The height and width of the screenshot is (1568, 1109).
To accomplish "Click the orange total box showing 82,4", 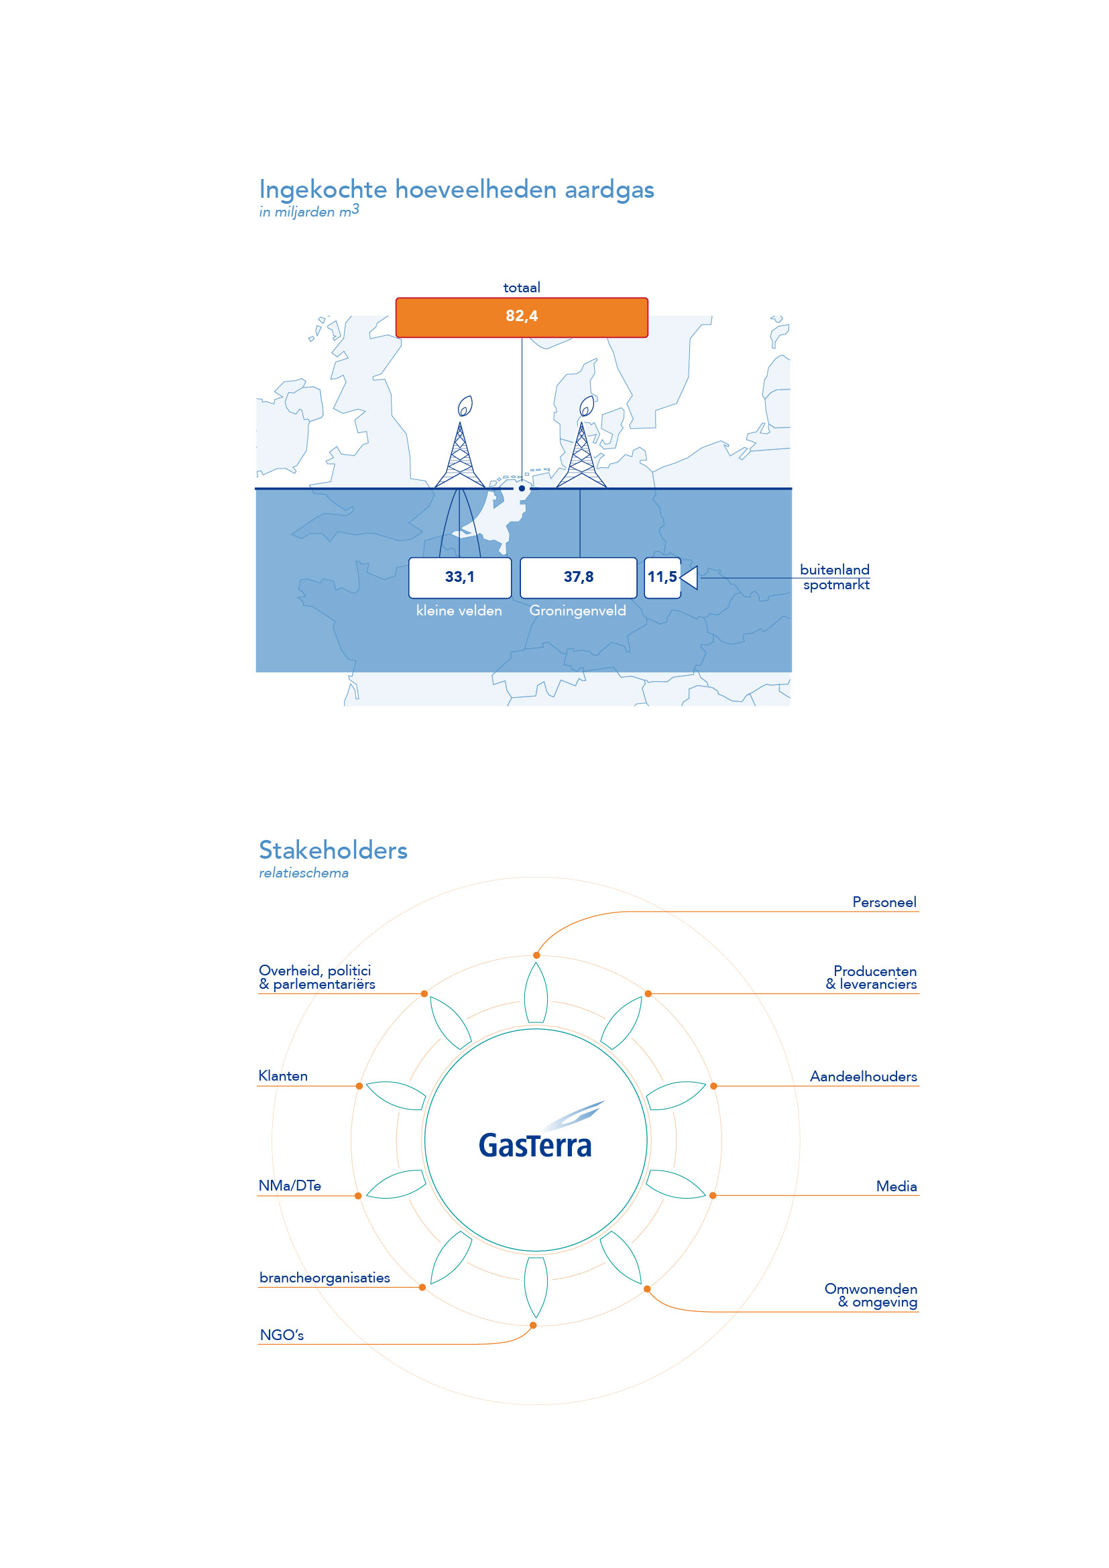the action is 522,318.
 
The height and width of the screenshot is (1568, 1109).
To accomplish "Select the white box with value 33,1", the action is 459,578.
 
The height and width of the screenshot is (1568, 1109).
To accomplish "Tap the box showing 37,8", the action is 579,578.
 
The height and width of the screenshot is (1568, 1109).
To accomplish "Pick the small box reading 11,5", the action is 662,578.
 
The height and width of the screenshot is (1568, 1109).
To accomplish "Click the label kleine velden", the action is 459,611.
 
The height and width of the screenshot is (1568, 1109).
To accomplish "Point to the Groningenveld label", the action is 578,611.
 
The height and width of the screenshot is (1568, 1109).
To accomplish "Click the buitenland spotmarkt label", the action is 835,577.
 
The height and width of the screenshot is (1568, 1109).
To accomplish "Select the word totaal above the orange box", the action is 522,288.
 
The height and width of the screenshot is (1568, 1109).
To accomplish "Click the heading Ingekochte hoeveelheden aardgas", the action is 456,189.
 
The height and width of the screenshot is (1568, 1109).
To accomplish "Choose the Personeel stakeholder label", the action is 884,902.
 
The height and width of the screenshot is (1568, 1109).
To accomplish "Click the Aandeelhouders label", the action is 863,1077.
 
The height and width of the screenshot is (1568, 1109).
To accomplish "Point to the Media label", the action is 896,1187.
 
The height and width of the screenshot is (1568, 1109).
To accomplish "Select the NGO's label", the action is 282,1335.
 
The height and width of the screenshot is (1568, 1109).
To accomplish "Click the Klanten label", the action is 283,1075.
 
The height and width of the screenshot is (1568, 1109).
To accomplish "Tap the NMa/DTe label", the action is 290,1186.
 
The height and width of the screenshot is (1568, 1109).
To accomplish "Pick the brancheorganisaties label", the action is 325,1278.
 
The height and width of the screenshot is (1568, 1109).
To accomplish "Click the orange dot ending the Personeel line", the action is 537,955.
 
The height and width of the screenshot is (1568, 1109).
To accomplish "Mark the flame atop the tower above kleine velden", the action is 465,406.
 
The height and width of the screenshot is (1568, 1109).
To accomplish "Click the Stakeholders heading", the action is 333,850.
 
